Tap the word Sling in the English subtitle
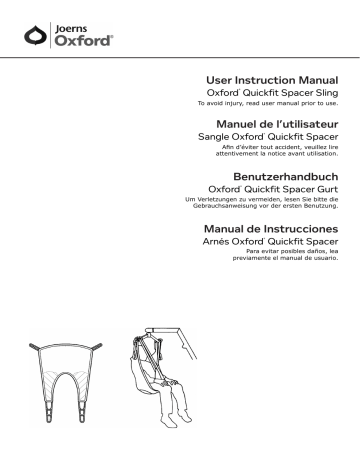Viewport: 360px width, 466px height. (323, 92)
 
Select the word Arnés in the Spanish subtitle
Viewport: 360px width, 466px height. (222, 242)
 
